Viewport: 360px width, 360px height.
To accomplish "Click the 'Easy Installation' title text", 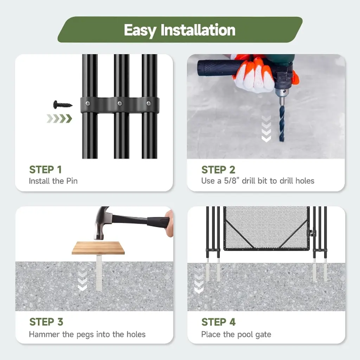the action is click(180, 30).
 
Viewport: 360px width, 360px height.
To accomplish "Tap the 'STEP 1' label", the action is click(45, 170).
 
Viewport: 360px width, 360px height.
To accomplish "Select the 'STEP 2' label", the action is click(218, 170).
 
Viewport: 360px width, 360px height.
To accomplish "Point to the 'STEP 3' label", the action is click(46, 322).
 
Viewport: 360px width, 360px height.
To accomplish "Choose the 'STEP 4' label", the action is click(218, 322).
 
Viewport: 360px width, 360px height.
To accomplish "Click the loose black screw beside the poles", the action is click(63, 105).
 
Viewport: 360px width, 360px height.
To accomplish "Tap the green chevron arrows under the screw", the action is click(59, 118).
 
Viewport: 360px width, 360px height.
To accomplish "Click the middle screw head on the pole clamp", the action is click(120, 104).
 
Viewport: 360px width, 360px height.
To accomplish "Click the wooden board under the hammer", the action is click(98, 248).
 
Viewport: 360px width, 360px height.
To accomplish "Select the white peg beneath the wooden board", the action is click(99, 272).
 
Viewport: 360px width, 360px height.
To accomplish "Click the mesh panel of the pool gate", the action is click(266, 227).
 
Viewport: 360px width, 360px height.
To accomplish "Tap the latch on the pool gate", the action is click(312, 233).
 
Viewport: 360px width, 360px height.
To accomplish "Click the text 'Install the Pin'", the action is click(53, 181).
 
